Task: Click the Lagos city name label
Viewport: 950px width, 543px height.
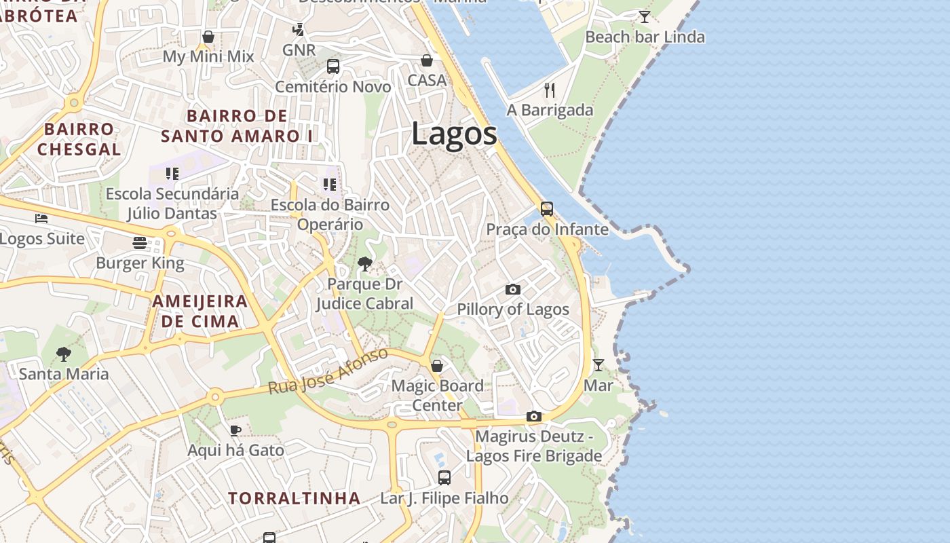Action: pos(454,134)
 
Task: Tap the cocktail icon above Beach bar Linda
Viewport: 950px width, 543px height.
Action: pos(644,17)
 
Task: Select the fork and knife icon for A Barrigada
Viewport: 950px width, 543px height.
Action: pos(550,90)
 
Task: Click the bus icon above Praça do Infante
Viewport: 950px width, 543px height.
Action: pos(546,209)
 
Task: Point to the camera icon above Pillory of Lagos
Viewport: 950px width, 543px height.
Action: pos(513,290)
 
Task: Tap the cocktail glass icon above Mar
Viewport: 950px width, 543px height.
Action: pos(598,365)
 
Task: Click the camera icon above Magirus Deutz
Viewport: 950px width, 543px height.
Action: pos(534,416)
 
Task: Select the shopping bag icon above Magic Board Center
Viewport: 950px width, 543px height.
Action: pos(437,366)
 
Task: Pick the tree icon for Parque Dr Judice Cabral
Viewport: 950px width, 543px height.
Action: pos(365,264)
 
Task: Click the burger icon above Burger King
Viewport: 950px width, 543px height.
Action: pos(140,243)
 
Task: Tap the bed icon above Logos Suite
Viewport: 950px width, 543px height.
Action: pos(41,219)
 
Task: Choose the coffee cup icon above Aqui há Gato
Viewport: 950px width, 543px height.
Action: pos(235,430)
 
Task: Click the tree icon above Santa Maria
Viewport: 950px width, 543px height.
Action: pos(64,354)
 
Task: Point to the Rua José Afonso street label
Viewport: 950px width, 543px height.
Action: pos(328,371)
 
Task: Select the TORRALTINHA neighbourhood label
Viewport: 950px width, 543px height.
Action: pos(294,498)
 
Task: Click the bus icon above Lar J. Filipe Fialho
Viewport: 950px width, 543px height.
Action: pos(444,478)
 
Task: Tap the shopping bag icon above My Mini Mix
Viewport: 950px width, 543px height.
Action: pos(208,37)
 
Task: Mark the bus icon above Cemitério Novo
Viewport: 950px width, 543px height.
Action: pos(332,67)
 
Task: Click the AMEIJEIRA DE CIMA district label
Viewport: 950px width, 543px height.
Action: pos(199,312)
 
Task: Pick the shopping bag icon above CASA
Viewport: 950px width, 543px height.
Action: pos(427,60)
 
